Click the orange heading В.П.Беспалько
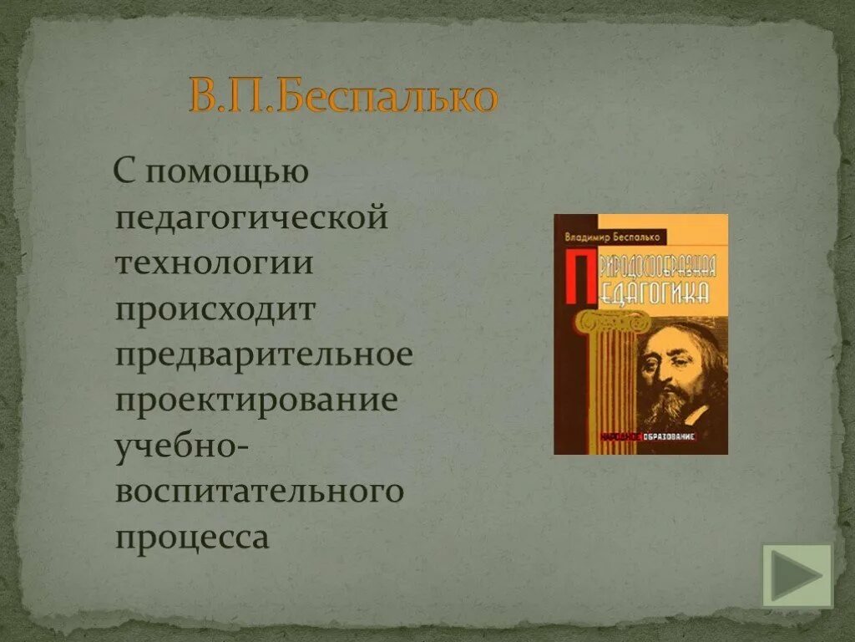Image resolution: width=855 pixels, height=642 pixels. coord(343,97)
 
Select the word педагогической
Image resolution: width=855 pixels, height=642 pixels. coord(252,219)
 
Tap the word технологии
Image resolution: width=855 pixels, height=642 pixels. coord(215,264)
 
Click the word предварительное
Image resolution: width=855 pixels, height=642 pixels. coord(264,354)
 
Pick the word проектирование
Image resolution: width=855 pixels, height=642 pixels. coord(256,400)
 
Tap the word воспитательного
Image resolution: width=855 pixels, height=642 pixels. coord(260,491)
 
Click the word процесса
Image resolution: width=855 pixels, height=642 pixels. coord(192,536)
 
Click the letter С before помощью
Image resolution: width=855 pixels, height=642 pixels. coord(124,173)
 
